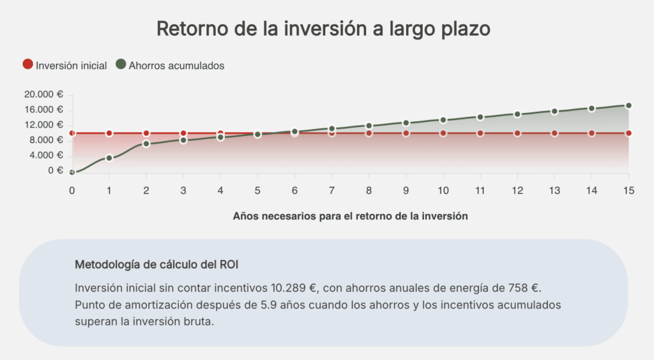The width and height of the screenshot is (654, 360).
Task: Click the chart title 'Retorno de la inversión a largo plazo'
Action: [324, 29]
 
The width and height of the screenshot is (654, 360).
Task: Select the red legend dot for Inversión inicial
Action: [27, 64]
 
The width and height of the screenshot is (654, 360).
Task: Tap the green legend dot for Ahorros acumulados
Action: [121, 64]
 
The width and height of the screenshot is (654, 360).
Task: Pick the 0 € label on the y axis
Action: [56, 170]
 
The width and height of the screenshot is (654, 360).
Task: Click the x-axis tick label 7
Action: [331, 190]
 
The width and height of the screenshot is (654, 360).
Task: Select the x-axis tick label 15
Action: [628, 190]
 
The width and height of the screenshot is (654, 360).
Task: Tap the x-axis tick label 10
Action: [443, 190]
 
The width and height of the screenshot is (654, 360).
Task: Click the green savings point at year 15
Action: [628, 105]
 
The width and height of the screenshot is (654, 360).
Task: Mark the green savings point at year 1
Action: [109, 158]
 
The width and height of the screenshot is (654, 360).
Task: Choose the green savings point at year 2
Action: [146, 144]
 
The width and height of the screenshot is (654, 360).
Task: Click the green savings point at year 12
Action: [517, 114]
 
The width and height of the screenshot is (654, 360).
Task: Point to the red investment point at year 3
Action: [183, 133]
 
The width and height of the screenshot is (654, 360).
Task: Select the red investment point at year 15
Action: [628, 133]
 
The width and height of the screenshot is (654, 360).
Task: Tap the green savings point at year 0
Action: [72, 172]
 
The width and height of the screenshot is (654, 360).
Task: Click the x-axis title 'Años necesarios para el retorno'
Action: [350, 216]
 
